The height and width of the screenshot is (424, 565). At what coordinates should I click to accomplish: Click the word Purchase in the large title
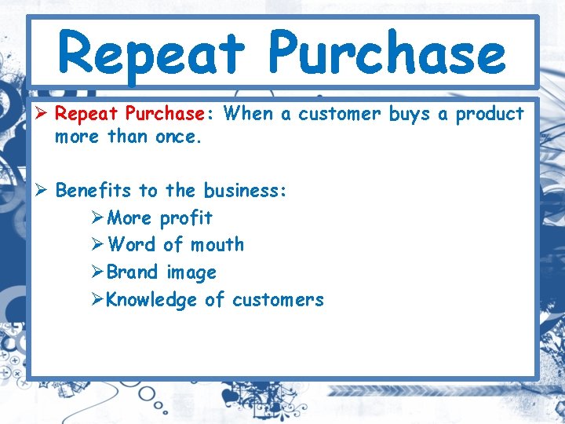click(386, 53)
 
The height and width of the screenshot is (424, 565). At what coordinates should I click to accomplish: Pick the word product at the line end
click(490, 114)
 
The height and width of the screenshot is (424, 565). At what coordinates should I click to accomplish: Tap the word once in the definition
click(177, 137)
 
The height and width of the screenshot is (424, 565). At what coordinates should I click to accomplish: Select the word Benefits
click(93, 190)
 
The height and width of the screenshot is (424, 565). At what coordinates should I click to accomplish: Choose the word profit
click(186, 218)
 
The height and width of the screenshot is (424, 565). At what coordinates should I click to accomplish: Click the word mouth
click(217, 245)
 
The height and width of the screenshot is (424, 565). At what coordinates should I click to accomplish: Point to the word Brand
click(133, 272)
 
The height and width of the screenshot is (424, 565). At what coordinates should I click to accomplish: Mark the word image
click(191, 273)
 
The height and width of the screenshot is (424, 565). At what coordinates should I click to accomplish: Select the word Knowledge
click(151, 300)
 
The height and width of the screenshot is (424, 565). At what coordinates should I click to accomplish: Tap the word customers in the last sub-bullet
click(278, 300)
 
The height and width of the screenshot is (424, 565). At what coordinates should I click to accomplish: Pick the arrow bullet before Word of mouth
click(97, 245)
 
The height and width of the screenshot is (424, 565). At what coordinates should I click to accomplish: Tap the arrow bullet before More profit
click(97, 217)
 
